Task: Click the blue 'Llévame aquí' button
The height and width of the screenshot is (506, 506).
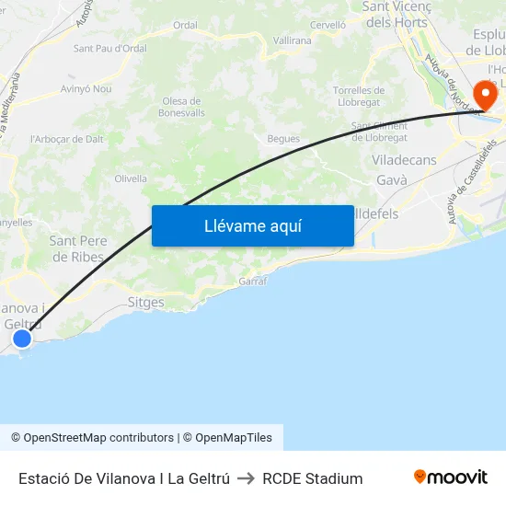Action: coord(252,225)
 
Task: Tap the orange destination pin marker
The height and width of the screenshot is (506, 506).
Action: coord(485,93)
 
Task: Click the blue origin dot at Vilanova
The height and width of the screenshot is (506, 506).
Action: coord(22,339)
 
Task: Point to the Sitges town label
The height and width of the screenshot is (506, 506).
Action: coord(146,302)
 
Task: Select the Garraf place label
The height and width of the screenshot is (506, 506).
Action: coord(252,281)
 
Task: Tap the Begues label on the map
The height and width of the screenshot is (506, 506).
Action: coord(283,139)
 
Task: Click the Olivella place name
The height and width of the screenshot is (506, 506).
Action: coord(131,178)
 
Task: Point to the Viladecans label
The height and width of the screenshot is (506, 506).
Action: coord(404,160)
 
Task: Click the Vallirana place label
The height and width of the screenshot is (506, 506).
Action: coord(293,40)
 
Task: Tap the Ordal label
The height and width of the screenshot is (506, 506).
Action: coord(185,25)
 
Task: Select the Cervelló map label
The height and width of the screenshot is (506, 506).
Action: coord(328,25)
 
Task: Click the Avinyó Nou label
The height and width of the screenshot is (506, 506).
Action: coord(86,89)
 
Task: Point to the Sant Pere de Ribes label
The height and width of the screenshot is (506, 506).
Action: coord(78,248)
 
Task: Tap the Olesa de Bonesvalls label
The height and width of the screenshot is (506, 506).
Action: coord(181,107)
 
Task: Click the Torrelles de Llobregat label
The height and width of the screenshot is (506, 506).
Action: coord(359,96)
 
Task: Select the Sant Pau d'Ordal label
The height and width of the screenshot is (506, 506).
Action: coord(109,48)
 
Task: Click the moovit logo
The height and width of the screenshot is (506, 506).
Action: coord(451,477)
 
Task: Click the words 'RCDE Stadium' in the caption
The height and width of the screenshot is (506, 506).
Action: coord(313,478)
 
